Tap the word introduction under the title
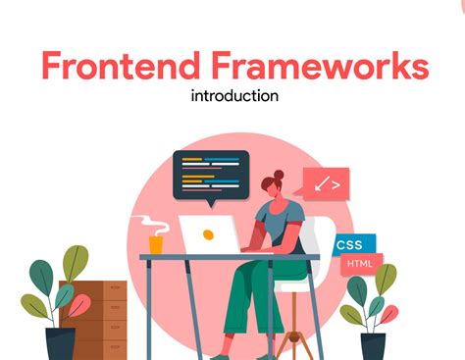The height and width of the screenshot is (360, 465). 232,96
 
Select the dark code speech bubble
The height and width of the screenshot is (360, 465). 210,173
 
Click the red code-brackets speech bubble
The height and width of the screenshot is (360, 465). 326,183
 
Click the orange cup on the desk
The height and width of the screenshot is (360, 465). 156,243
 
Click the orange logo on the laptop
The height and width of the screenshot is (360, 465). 208,235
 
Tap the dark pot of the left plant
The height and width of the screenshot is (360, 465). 61,343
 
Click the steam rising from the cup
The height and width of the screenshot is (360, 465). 148,220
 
